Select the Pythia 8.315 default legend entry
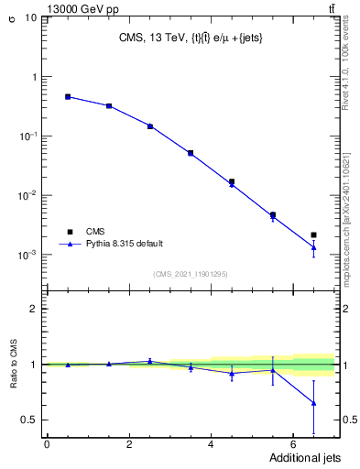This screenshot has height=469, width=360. tap(110, 244)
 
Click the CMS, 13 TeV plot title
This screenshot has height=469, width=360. tap(189, 38)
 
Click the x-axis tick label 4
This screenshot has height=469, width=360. tap(211, 445)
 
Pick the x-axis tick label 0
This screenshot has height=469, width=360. tap(47, 445)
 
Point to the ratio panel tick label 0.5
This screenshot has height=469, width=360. tap(29, 420)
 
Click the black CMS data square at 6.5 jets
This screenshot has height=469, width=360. tap(313, 235)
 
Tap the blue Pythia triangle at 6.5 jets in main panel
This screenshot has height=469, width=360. tap(313, 247)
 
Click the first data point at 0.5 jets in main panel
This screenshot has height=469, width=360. tap(68, 96)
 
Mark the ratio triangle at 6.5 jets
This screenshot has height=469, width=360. tap(313, 403)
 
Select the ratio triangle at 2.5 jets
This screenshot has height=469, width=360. tap(149, 361)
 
